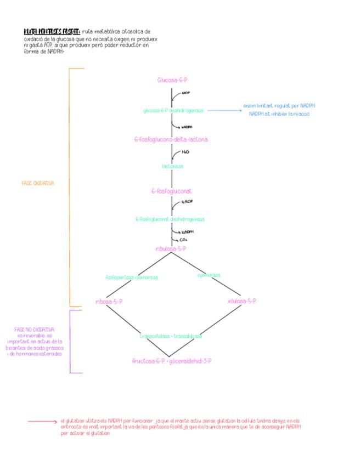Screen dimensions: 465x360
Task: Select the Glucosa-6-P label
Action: click(172, 80)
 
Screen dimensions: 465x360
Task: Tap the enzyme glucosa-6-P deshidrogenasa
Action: click(173, 110)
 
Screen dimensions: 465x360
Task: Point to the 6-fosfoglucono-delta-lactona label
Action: click(171, 139)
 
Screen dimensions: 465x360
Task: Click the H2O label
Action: click(185, 152)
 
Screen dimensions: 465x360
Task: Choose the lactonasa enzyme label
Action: click(172, 166)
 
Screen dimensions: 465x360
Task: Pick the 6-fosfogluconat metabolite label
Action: click(171, 191)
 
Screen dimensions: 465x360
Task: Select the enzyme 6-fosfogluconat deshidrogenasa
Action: click(170, 219)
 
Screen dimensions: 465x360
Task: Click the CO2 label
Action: click(183, 240)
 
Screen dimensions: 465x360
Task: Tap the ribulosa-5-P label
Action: click(171, 248)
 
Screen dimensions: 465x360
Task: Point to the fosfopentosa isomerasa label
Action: click(132, 277)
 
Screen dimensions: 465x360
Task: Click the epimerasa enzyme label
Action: click(209, 275)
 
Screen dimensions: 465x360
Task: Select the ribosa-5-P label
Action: click(109, 302)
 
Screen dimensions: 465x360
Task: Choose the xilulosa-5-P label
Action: click(241, 301)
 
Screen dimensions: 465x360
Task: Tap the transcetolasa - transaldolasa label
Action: click(171, 336)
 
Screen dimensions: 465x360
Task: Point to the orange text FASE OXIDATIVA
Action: click(38, 183)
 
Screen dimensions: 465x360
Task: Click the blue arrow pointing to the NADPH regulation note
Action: click(224, 110)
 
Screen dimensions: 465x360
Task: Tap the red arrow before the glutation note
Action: click(43, 421)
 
